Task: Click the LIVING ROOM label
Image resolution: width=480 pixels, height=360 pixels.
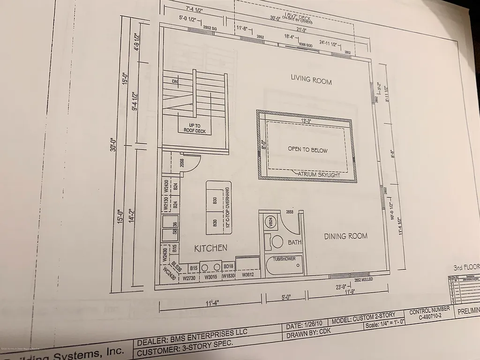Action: pos(311,79)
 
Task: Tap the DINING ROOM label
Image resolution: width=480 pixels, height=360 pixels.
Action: pos(345,236)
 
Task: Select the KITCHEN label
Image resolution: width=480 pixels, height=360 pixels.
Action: pos(211,248)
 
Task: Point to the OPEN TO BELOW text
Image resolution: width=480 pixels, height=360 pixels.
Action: pos(307,150)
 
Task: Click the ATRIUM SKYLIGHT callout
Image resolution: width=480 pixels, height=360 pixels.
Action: pos(320,174)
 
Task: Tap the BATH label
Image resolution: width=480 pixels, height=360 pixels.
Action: pos(294,242)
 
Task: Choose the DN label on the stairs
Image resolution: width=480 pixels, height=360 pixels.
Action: pos(175,82)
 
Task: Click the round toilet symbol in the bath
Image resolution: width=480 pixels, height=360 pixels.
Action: pos(277,242)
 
